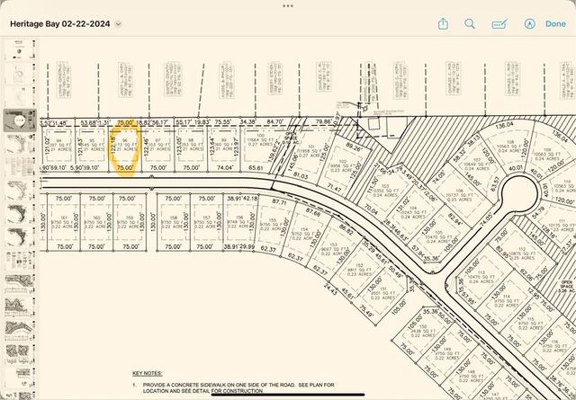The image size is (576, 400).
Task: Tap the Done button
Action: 555,24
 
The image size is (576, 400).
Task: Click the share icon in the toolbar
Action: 444,24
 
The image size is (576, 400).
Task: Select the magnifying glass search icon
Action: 470,24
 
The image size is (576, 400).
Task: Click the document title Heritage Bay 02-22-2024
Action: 59,24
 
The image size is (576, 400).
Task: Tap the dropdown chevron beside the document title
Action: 118,24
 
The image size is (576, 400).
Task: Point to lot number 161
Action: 62,220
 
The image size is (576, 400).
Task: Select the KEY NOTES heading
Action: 148,372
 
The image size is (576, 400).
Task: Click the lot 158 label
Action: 173,220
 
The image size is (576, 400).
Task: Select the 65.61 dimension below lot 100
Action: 256,167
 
